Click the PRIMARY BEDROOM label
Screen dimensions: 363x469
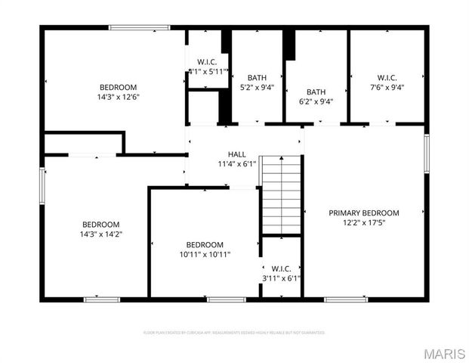point(363,213)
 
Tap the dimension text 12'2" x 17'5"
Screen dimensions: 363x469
point(363,224)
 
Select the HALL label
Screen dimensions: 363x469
point(236,154)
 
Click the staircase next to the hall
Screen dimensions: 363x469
point(282,195)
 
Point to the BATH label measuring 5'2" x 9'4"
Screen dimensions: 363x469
point(257,78)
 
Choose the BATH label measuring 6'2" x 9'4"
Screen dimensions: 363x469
point(316,92)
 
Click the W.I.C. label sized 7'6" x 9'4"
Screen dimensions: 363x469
point(387,78)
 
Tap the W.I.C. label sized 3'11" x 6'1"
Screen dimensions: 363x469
point(281,268)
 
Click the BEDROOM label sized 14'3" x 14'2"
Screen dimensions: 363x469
point(101,225)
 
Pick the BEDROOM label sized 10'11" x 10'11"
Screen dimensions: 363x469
point(205,244)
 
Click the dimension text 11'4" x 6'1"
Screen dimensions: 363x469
point(236,164)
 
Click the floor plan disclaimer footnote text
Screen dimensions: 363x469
point(234,332)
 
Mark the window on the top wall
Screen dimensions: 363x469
point(133,28)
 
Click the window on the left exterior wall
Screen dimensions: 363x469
point(42,186)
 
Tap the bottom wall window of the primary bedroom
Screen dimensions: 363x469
point(346,299)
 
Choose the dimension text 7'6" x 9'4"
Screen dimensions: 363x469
point(387,88)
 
